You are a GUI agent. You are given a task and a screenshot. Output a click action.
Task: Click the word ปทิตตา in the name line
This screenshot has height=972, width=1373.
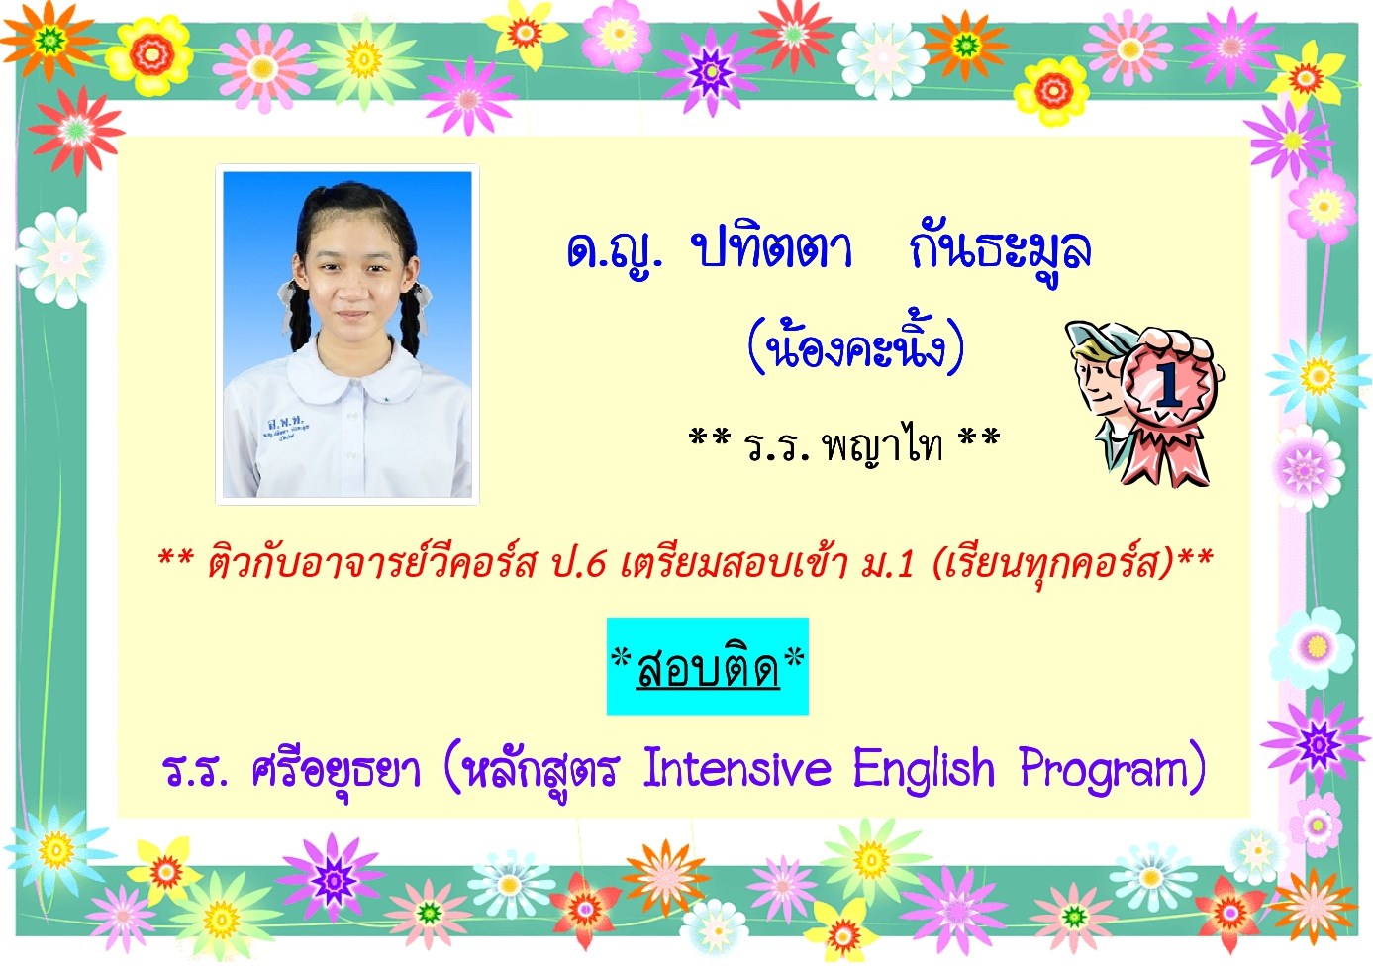[x=771, y=250]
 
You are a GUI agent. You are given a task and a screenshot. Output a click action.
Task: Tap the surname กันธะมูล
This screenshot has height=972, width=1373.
[x=1001, y=251]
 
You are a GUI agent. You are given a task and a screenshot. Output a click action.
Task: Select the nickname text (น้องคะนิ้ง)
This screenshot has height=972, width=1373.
[x=855, y=345]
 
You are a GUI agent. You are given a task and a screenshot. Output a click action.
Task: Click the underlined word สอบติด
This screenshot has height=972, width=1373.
[x=708, y=668]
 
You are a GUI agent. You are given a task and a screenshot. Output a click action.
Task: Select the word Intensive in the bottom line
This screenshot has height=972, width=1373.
[x=737, y=768]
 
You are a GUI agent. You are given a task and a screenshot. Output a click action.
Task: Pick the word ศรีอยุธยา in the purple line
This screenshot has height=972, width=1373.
[x=336, y=771]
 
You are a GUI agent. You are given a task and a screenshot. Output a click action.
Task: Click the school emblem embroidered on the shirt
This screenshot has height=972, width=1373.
[x=286, y=426]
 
